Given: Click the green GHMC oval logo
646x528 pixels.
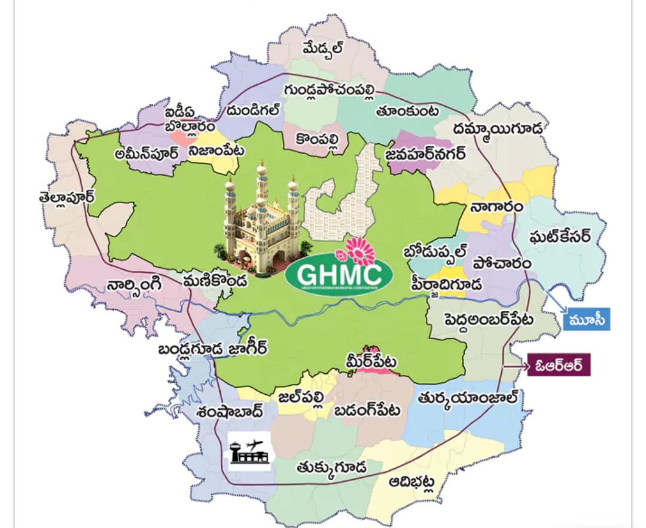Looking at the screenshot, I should pyautogui.click(x=338, y=276).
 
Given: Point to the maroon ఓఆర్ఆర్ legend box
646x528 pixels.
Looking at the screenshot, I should pyautogui.click(x=558, y=365).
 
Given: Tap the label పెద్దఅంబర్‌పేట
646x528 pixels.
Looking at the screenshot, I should pyautogui.click(x=488, y=319).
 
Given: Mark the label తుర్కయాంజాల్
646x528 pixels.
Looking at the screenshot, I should pyautogui.click(x=468, y=398).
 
